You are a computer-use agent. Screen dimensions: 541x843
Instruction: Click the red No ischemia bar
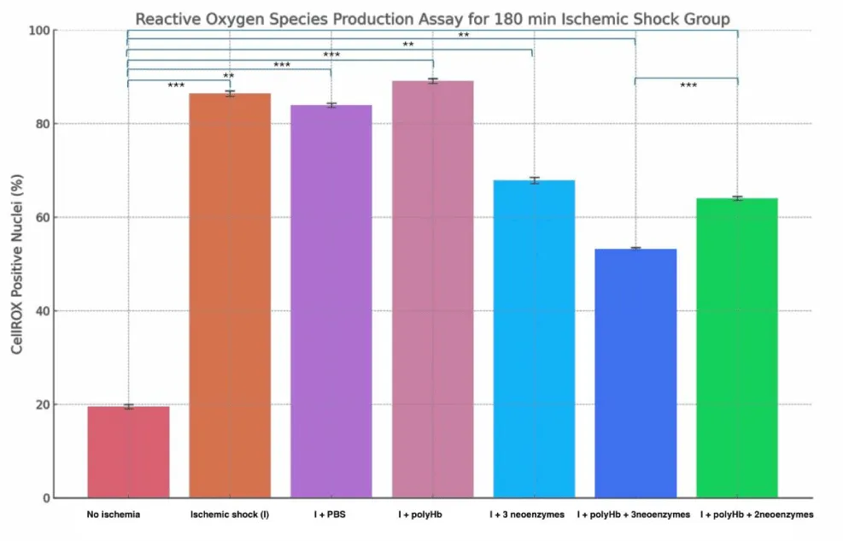pyautogui.click(x=128, y=452)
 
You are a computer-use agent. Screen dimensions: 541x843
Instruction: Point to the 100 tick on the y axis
pyautogui.click(x=43, y=31)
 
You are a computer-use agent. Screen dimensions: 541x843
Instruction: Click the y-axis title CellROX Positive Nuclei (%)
pyautogui.click(x=16, y=264)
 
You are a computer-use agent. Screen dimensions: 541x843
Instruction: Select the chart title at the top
pyautogui.click(x=434, y=18)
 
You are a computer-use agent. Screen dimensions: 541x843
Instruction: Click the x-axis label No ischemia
pyautogui.click(x=113, y=515)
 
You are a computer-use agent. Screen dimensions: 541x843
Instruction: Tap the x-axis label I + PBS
pyautogui.click(x=331, y=515)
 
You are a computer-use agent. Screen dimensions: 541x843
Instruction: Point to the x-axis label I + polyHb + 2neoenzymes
pyautogui.click(x=757, y=515)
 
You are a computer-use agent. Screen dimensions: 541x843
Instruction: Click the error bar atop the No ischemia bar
pyautogui.click(x=128, y=407)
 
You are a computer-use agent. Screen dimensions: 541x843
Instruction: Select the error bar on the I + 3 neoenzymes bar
pyautogui.click(x=534, y=180)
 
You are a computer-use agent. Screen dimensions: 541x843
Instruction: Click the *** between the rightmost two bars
pyautogui.click(x=688, y=86)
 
